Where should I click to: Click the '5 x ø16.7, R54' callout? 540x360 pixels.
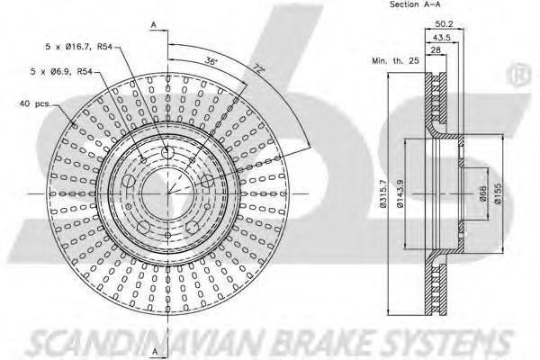pyautogui.click(x=81, y=45)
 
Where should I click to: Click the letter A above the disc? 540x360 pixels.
pyautogui.click(x=154, y=22)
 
